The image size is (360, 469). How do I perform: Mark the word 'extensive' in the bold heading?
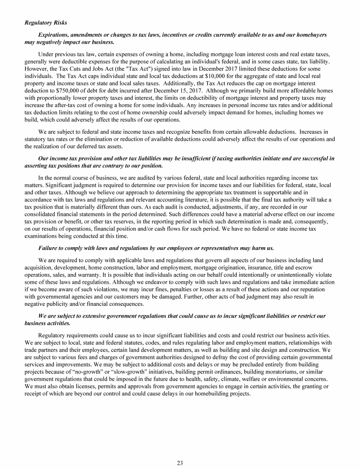tap(93, 316)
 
